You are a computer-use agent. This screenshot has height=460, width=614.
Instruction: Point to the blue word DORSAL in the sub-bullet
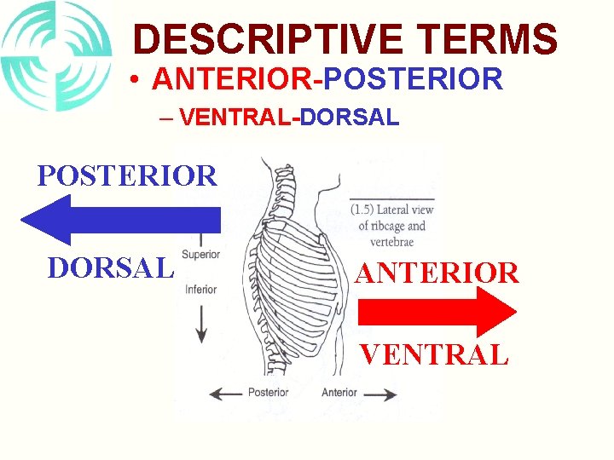tap(349, 118)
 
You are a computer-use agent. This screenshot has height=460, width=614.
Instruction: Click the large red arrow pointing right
tap(435, 311)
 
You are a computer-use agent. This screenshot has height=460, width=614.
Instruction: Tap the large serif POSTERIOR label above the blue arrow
tap(127, 175)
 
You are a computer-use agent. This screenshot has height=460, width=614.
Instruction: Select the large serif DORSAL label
tap(111, 267)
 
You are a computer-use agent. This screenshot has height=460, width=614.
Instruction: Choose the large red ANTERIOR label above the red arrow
tap(437, 273)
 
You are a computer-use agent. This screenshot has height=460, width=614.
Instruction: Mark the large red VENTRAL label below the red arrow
tap(434, 354)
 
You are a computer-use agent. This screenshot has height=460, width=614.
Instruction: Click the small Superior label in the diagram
tap(201, 254)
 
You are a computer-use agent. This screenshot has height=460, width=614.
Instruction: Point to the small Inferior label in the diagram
tap(200, 289)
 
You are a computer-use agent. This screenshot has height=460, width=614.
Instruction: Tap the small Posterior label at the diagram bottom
tap(268, 393)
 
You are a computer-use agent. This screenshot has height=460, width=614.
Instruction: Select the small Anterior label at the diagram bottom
tap(339, 393)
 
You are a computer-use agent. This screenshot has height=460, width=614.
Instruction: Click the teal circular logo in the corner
tap(55, 55)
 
